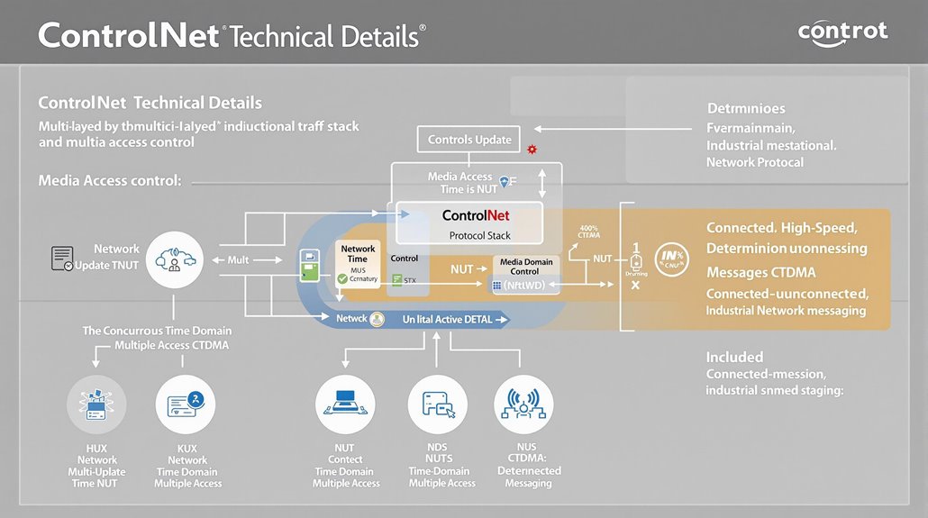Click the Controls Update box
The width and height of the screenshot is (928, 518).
click(469, 140)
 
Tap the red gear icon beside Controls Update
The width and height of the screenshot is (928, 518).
click(532, 148)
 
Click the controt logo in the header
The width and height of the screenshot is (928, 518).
click(842, 32)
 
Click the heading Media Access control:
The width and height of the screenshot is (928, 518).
click(110, 181)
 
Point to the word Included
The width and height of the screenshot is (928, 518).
click(734, 357)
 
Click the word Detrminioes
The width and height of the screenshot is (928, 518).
click(745, 108)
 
